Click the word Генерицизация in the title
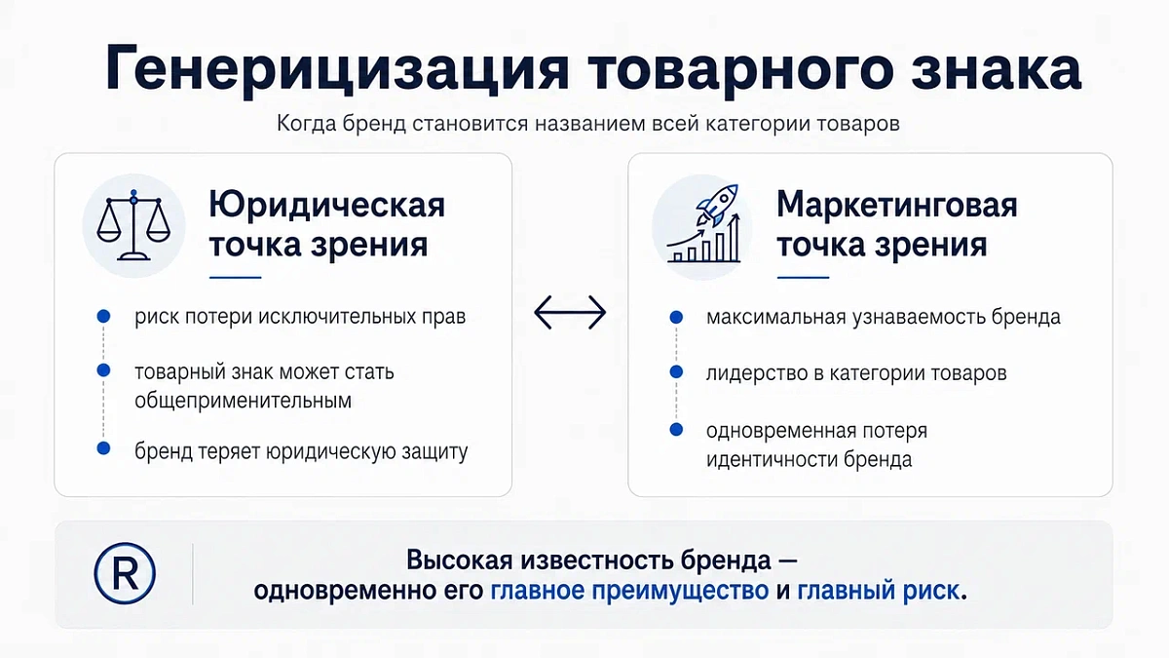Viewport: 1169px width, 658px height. [337, 69]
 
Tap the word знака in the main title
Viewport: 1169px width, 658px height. [997, 69]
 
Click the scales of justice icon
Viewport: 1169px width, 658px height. [133, 225]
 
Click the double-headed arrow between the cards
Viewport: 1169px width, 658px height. [570, 312]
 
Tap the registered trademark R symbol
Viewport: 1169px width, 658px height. [125, 573]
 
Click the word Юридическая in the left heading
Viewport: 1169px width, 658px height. [326, 205]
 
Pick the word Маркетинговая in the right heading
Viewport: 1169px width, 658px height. [896, 205]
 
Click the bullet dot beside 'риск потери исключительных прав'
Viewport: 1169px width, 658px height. [104, 316]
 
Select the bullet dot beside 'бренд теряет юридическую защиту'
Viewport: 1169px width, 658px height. [104, 448]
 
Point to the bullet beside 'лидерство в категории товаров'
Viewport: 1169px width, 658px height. [676, 371]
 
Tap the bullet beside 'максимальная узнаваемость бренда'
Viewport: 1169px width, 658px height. [676, 317]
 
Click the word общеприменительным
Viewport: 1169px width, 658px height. [244, 401]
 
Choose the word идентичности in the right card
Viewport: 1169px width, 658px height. [772, 459]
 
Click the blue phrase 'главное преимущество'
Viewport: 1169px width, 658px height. [629, 591]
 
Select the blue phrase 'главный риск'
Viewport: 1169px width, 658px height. [878, 591]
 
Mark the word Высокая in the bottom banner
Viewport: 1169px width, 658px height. [459, 561]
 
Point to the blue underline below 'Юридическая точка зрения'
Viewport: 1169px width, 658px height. [235, 277]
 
